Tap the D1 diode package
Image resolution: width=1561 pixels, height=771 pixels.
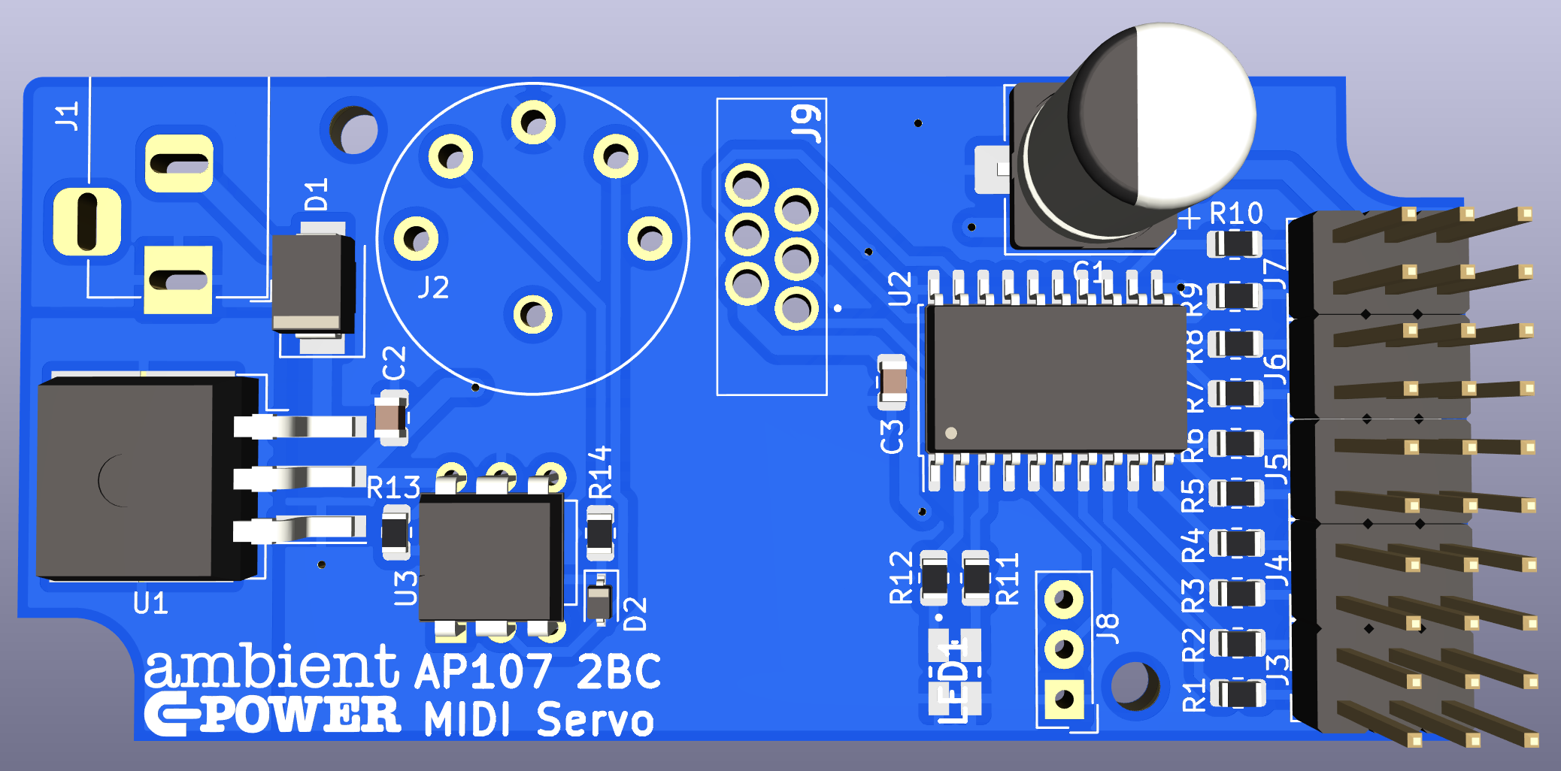coord(312,282)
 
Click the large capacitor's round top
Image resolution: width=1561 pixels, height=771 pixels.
coord(1162,116)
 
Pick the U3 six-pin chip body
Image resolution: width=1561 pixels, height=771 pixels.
coord(490,556)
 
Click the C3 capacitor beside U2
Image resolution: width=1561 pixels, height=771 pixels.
coord(893,382)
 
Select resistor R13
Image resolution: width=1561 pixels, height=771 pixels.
coord(396,533)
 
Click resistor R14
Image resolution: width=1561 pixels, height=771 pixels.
coord(599,533)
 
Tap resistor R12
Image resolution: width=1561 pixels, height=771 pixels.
coord(934,579)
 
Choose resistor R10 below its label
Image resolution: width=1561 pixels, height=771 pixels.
coord(1234,244)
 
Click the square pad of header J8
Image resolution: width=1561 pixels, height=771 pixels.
coord(1063,700)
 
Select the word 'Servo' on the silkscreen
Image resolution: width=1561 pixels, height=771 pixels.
coord(595,719)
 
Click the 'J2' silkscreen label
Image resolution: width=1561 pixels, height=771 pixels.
coord(434,287)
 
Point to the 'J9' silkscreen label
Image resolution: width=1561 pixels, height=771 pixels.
coord(806,122)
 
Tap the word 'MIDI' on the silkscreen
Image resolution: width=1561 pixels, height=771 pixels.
coord(467,719)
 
